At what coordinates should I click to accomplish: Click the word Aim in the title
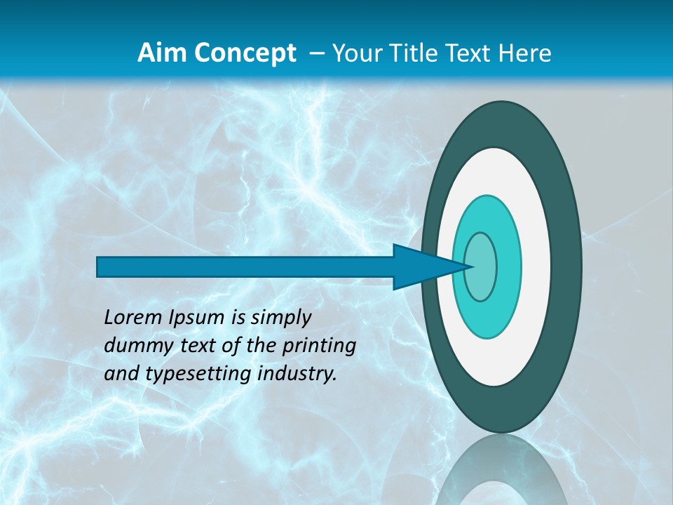157,53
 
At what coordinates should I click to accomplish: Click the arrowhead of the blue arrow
421,267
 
